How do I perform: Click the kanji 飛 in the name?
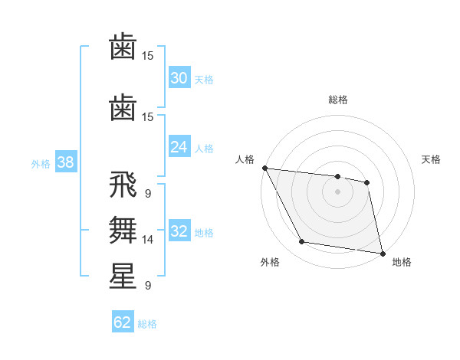[123, 186]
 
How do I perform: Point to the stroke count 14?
[147, 240]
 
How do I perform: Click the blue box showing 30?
[179, 78]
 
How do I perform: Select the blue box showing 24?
[179, 147]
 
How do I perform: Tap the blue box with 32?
[179, 231]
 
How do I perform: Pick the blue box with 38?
[65, 162]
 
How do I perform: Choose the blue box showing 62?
[123, 322]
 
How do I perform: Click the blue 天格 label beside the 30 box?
[203, 79]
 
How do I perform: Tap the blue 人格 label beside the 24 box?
[203, 148]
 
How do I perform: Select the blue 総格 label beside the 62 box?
[147, 324]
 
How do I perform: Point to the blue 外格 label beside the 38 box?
[41, 163]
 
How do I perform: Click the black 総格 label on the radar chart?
[338, 100]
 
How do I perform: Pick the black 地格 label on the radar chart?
[402, 262]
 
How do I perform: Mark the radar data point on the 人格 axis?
[264, 168]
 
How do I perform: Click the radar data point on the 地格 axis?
[382, 253]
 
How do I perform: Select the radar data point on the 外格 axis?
[302, 242]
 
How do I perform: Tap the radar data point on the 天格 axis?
[367, 182]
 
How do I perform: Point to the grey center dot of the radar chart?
[338, 191]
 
